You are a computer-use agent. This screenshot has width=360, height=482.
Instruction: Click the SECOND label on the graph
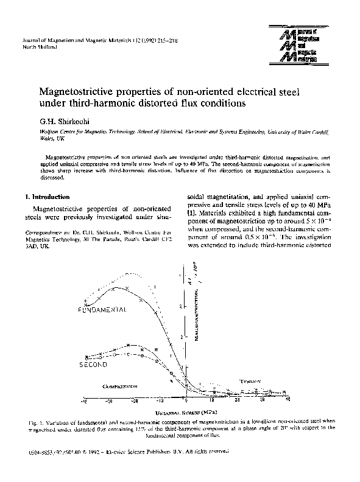(93, 364)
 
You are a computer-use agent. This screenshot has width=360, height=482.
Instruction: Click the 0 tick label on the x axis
(187, 402)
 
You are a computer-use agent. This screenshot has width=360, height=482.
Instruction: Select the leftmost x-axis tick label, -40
(84, 402)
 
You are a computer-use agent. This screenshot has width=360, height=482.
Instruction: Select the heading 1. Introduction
(46, 197)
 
